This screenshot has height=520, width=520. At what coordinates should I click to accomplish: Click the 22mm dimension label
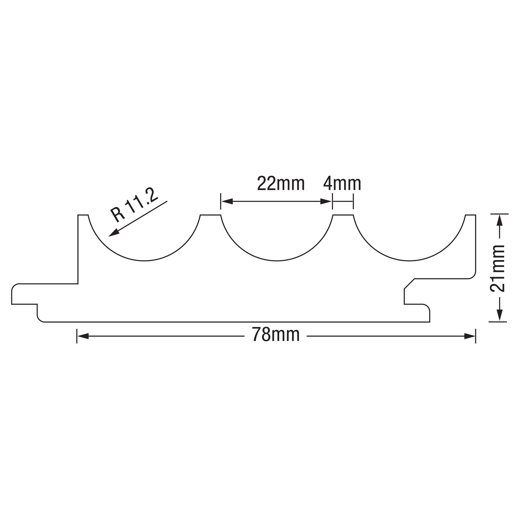[x=281, y=184]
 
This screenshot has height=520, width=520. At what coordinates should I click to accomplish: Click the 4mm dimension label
[x=342, y=184]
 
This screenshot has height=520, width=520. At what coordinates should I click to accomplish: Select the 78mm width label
[x=276, y=335]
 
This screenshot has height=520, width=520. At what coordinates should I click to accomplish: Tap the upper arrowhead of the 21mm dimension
[x=499, y=220]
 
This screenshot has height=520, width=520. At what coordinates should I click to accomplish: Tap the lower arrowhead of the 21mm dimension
[x=499, y=316]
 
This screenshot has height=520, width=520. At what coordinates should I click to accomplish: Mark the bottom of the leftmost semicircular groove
[x=144, y=261]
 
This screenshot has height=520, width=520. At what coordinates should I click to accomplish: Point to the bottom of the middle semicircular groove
[x=277, y=261]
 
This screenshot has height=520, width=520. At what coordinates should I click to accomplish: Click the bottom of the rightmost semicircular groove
[x=409, y=261]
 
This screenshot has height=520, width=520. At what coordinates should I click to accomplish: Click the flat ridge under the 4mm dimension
[x=343, y=215]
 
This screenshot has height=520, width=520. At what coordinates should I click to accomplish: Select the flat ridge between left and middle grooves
[x=210, y=215]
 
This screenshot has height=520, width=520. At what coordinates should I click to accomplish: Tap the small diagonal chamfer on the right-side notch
[x=409, y=284]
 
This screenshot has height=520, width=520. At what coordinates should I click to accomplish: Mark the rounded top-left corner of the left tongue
[x=14, y=286]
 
